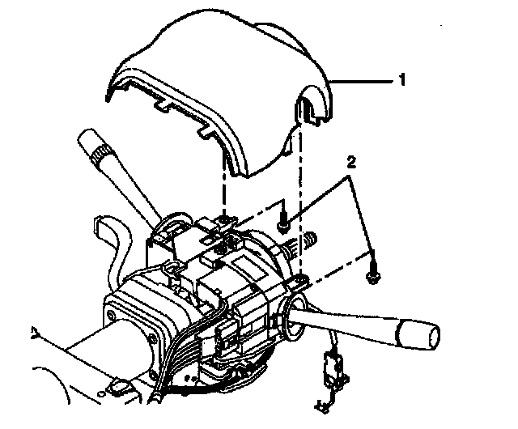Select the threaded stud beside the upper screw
tap(309, 240)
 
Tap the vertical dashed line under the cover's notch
tap(300, 202)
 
